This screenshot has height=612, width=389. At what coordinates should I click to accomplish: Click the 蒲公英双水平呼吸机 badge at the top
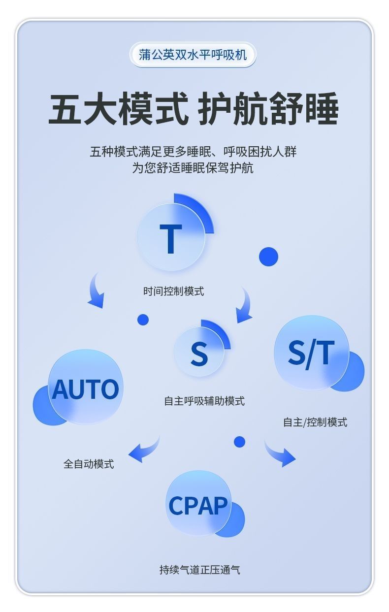pyautogui.click(x=193, y=55)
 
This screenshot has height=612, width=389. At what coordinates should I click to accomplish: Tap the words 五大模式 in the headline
pyautogui.click(x=118, y=109)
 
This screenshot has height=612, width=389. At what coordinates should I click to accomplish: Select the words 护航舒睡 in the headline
pyautogui.click(x=268, y=109)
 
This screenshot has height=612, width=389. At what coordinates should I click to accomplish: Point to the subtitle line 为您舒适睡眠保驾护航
pyautogui.click(x=193, y=168)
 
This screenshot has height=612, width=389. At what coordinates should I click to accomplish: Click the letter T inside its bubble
pyautogui.click(x=170, y=239)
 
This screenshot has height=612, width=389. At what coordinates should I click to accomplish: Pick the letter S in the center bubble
pyautogui.click(x=199, y=354)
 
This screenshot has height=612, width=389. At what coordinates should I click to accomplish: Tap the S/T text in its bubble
pyautogui.click(x=311, y=353)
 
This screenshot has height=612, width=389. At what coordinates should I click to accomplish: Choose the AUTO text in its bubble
pyautogui.click(x=85, y=389)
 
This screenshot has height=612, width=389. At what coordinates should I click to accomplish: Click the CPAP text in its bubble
pyautogui.click(x=198, y=505)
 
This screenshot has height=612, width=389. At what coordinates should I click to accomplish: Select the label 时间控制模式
pyautogui.click(x=173, y=291)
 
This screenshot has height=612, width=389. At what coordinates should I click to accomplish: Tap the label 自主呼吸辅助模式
pyautogui.click(x=204, y=401)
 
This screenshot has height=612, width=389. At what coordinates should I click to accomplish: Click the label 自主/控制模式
pyautogui.click(x=315, y=422)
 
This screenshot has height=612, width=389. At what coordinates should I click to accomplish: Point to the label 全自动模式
pyautogui.click(x=89, y=464)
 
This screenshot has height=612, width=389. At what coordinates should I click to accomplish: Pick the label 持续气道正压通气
pyautogui.click(x=199, y=570)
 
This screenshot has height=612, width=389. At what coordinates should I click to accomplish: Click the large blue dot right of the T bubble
pyautogui.click(x=268, y=257)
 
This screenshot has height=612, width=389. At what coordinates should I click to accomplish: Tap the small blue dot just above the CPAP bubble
pyautogui.click(x=239, y=442)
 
